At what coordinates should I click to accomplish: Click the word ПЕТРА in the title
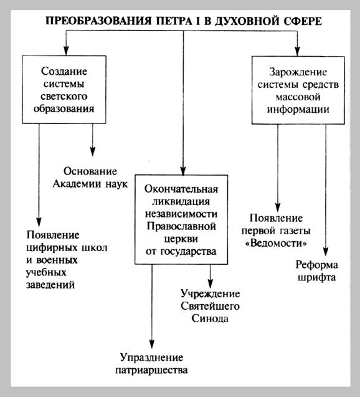[x=174, y=21]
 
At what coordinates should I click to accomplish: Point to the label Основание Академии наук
[x=90, y=178]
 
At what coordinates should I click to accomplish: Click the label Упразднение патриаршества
[x=151, y=363]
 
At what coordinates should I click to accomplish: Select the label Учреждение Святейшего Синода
[x=211, y=306]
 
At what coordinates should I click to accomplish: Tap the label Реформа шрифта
[x=317, y=271]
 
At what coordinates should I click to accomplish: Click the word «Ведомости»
[x=277, y=243]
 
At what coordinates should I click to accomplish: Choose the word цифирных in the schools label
[x=52, y=247]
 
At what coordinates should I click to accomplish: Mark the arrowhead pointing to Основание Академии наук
[x=93, y=152]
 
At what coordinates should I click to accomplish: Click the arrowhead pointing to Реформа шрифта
[x=326, y=251]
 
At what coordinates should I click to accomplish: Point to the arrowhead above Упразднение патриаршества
[x=152, y=344]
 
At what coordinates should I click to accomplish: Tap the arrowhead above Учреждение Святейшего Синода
[x=211, y=284]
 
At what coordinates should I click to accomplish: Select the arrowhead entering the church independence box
[x=183, y=170]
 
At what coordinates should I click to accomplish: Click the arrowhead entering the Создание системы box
[x=66, y=50]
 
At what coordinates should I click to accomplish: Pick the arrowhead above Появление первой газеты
[x=278, y=207]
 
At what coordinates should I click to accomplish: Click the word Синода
[x=210, y=318]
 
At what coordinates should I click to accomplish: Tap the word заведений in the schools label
[x=50, y=285]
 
